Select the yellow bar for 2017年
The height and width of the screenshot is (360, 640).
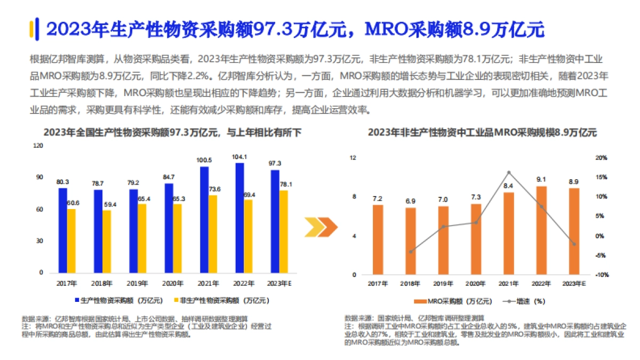(71, 241)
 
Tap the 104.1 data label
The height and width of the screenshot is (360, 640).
(240, 157)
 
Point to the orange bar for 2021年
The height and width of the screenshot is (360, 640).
(509, 234)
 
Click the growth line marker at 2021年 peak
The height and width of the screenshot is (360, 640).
(509, 172)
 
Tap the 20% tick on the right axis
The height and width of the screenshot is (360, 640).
(601, 158)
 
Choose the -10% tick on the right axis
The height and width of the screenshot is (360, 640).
(601, 275)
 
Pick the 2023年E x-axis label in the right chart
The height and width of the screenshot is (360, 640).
(574, 284)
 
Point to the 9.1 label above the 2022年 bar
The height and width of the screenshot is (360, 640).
(541, 180)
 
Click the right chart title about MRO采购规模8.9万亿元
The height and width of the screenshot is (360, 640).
(482, 133)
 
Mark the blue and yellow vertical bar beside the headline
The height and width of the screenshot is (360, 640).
(33, 29)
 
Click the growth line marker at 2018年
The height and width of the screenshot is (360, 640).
(411, 252)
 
